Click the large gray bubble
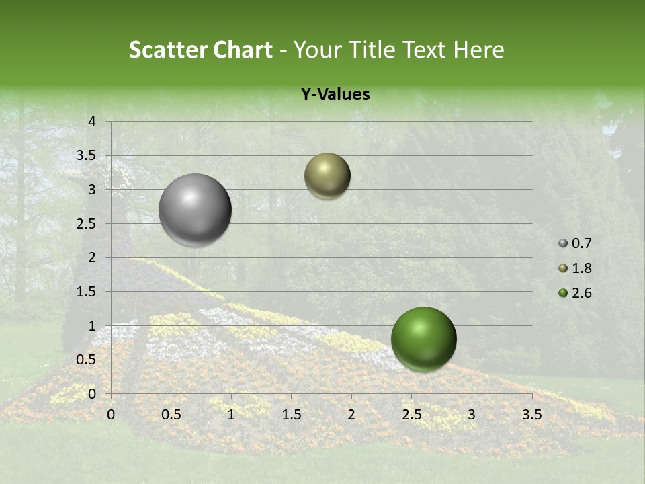point(196,210)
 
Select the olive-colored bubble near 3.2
point(327,175)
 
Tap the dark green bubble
point(423,339)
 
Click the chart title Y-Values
point(335,95)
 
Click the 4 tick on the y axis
point(93,122)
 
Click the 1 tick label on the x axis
point(231,414)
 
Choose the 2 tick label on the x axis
point(351,414)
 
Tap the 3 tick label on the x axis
point(472,414)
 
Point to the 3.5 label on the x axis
point(531,414)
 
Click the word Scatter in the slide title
point(167,50)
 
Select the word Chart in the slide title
point(243,50)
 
